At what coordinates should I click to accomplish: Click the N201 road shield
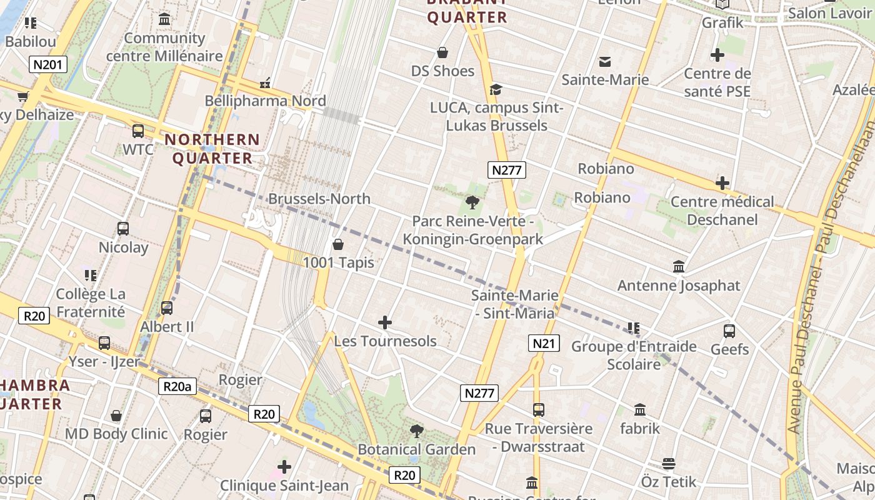click(x=47, y=64)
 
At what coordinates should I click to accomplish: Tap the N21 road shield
click(x=543, y=342)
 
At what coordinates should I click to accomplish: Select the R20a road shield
click(x=177, y=386)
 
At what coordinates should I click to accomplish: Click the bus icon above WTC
click(x=137, y=131)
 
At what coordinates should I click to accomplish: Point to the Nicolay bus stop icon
click(x=123, y=229)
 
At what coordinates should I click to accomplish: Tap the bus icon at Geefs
click(x=729, y=331)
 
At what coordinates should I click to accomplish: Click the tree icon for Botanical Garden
click(x=416, y=431)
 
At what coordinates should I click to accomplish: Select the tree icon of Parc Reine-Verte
click(x=472, y=202)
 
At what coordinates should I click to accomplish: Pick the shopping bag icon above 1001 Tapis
click(x=338, y=244)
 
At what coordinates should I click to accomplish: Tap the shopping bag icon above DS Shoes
click(x=442, y=52)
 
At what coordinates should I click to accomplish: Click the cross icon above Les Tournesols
click(x=385, y=322)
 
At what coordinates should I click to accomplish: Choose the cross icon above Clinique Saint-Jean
click(x=284, y=466)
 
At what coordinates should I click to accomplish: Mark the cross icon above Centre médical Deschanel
click(x=722, y=183)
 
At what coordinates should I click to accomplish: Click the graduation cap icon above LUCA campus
click(x=496, y=89)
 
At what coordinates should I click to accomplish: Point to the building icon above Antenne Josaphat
click(x=679, y=267)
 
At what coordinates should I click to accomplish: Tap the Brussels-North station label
click(x=319, y=199)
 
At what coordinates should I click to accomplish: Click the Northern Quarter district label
click(x=212, y=149)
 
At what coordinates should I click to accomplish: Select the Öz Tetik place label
click(x=669, y=481)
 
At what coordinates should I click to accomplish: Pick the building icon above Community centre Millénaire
click(x=164, y=19)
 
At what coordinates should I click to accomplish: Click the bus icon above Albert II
click(x=167, y=307)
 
